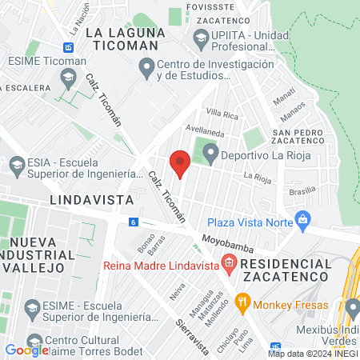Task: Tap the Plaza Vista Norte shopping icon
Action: (x=302, y=219)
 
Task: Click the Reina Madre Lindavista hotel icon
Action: (x=229, y=262)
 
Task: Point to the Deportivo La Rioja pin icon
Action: (x=210, y=151)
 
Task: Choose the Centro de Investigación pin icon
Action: (x=146, y=70)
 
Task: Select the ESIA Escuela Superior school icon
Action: (x=17, y=166)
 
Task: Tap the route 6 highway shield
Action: (x=133, y=222)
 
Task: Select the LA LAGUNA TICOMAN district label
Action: (x=125, y=38)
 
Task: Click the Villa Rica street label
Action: (x=222, y=114)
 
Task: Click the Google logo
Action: (x=26, y=350)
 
